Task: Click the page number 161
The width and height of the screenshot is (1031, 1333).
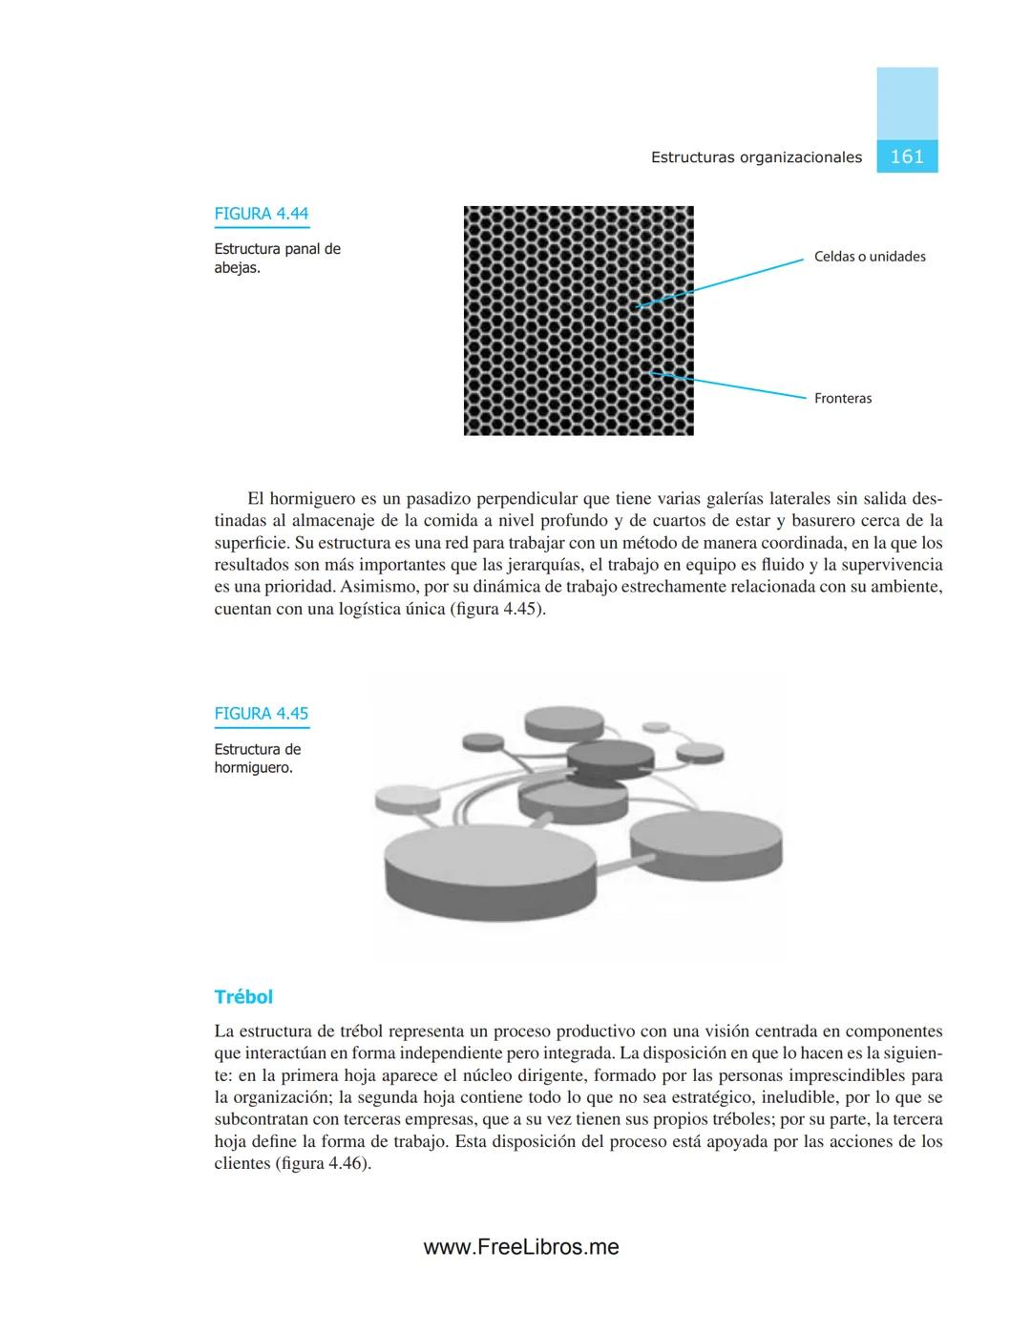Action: point(907,156)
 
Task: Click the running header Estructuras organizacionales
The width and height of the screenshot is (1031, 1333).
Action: point(756,157)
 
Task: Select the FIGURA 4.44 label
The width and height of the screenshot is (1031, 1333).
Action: point(261,214)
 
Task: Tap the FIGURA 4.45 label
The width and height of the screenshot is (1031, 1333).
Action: point(261,714)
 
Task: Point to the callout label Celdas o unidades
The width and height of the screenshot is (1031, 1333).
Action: point(870,257)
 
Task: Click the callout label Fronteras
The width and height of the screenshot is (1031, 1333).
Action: point(843,398)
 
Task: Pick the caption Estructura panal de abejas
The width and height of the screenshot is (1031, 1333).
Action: point(277,258)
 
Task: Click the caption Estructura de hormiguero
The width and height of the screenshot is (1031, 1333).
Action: point(257,758)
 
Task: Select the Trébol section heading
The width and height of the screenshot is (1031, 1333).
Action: point(243,996)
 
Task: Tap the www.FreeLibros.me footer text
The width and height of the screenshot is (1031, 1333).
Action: point(521,1246)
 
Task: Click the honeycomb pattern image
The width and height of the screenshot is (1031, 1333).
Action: point(579,321)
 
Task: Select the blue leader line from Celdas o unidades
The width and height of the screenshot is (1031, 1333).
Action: point(721,282)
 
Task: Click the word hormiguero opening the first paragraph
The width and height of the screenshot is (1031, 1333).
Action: point(311,499)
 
